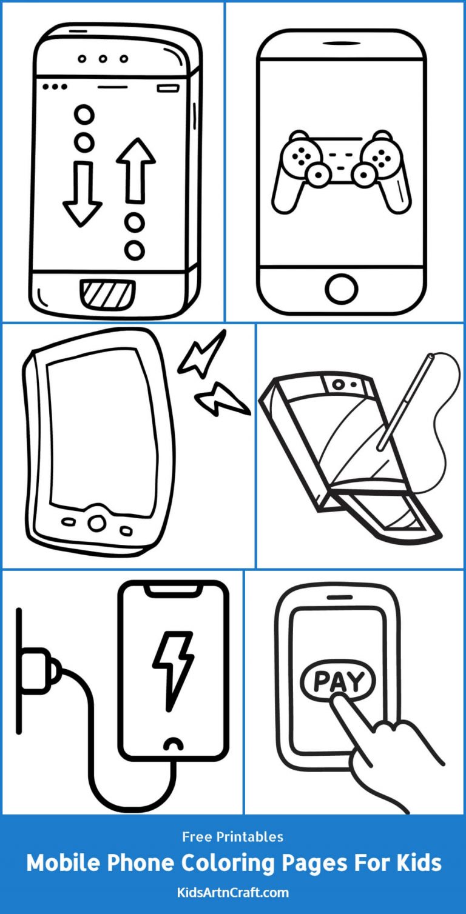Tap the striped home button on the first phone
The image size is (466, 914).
click(x=108, y=294)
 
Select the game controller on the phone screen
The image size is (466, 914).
click(x=341, y=168)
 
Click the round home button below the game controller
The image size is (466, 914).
click(x=341, y=289)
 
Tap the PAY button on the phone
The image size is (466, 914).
click(x=338, y=681)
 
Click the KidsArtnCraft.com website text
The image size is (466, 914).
click(x=233, y=892)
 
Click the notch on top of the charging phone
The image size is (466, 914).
click(x=172, y=587)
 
